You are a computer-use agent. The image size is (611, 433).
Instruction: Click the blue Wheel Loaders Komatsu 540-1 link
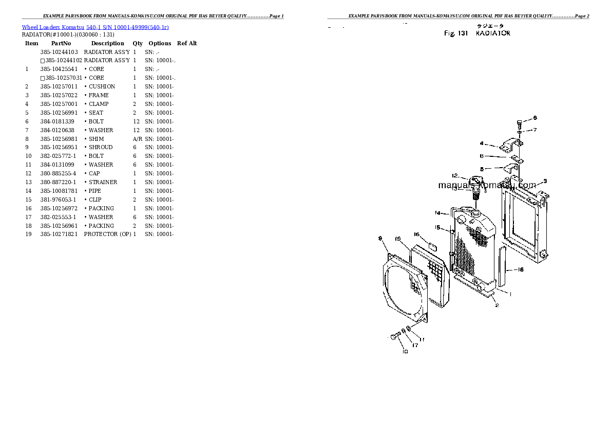(x=95, y=27)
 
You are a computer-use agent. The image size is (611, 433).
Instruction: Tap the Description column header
(x=107, y=44)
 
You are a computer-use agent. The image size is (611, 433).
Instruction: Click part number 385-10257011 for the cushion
(x=59, y=87)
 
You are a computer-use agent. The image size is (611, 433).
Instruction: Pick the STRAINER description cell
(x=103, y=183)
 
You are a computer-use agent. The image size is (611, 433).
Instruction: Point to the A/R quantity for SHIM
(x=137, y=139)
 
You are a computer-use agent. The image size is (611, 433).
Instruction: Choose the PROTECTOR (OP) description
(x=107, y=234)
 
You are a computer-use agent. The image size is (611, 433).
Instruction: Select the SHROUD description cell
(x=101, y=148)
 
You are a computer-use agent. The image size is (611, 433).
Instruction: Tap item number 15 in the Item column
(x=28, y=200)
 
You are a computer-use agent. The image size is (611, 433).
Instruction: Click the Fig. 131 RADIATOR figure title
(x=477, y=33)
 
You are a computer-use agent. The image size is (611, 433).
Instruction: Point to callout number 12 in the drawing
(x=455, y=175)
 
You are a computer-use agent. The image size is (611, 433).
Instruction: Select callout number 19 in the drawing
(x=398, y=239)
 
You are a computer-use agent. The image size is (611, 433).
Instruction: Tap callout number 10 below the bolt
(x=405, y=352)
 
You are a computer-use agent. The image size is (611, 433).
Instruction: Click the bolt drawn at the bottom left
(x=395, y=336)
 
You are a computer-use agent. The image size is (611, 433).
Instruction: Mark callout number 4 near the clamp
(x=482, y=143)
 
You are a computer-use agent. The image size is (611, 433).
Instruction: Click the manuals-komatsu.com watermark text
(x=487, y=185)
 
